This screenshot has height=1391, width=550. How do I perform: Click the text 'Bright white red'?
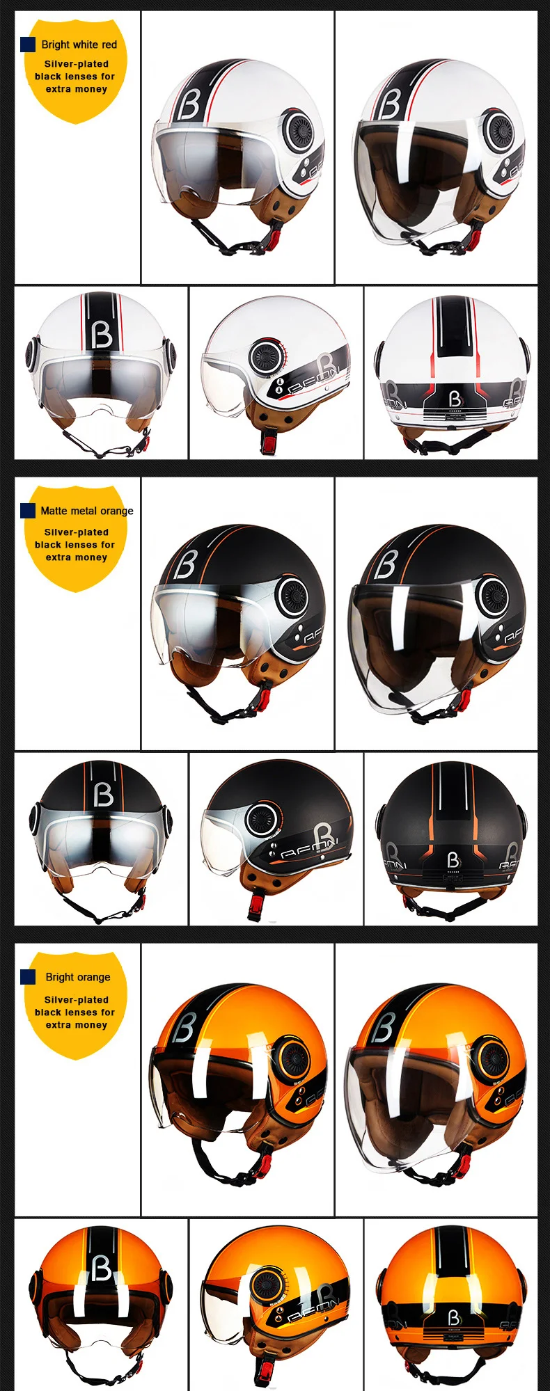pos(79,45)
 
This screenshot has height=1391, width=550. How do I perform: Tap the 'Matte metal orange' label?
pos(86,511)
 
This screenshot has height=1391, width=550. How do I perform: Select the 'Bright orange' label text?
pos(78,977)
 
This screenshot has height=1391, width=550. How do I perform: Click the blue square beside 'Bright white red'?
pos(28,45)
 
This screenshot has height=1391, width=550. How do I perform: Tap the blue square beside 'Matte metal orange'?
pos(28,511)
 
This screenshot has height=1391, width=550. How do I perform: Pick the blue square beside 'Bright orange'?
pos(28,977)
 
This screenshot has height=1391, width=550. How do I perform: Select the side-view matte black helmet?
pos(276,835)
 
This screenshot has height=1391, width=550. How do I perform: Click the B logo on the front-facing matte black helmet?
pos(103,794)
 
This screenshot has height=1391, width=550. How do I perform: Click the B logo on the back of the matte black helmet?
pos(453,861)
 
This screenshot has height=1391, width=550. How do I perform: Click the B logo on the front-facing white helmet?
pos(102,335)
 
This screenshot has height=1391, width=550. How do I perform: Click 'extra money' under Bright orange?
pos(76,1025)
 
